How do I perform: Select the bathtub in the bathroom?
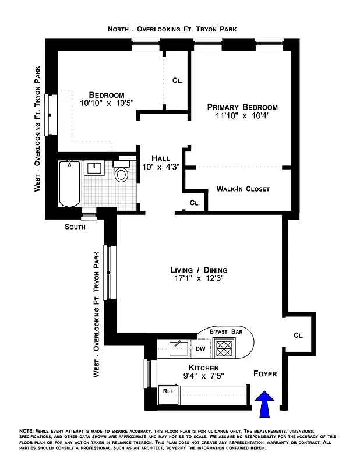tap(69, 183)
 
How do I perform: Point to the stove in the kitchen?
tap(224, 348)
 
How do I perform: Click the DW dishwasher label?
tap(200, 349)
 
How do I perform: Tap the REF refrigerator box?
tap(169, 391)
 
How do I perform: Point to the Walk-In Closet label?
tap(243, 189)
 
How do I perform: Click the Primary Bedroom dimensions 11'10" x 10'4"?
tap(243, 116)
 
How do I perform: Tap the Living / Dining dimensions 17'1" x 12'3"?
tap(199, 280)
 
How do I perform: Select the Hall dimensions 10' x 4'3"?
tap(160, 167)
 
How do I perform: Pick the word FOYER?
tap(265, 373)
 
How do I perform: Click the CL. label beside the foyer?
tap(298, 336)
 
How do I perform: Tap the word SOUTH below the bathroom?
tap(75, 227)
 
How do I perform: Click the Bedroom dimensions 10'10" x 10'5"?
tap(107, 104)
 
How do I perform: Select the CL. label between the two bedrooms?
tap(177, 81)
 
